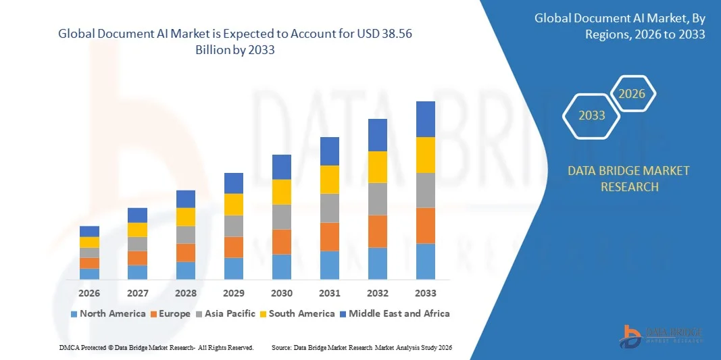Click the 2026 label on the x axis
pos(89,293)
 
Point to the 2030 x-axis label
pos(282,293)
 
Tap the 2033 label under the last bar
pos(426,293)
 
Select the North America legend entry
pos(108,313)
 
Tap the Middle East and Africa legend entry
pos(395,313)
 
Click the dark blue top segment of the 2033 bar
pos(426,120)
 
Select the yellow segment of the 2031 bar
pos(330,180)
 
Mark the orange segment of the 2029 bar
pos(234,247)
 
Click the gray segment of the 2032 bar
pos(378,199)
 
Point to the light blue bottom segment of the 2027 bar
pos(137,272)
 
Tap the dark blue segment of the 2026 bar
pos(89,232)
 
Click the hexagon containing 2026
pos(632,94)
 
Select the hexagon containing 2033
pos(592,115)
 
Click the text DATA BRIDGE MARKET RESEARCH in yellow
pos(629,178)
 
